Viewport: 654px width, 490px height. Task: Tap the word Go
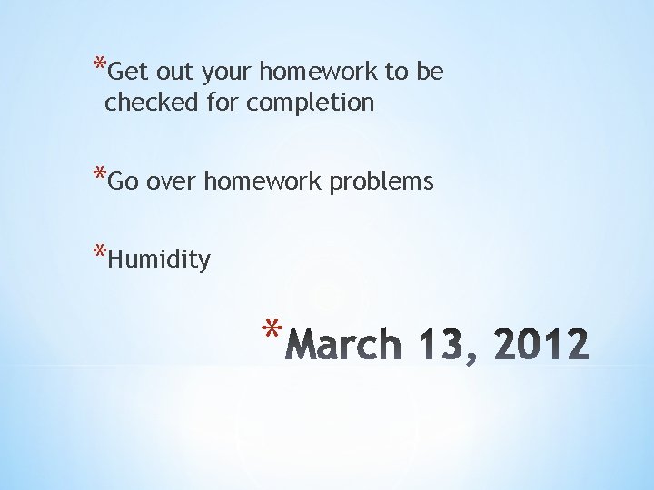pos(124,182)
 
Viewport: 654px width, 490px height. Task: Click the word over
pos(172,182)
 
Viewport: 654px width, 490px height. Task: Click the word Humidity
pos(159,261)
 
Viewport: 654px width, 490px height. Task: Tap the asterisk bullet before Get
pos(98,65)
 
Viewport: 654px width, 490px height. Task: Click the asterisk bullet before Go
pos(98,175)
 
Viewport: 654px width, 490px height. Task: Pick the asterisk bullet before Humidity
pos(98,254)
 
